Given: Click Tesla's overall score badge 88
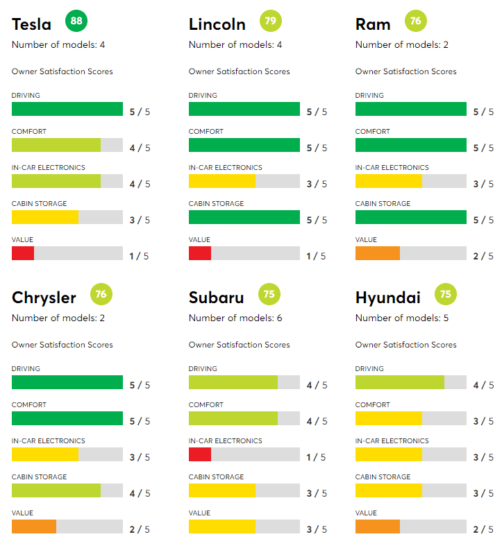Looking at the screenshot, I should [x=76, y=21].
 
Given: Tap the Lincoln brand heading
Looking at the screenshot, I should [x=217, y=24].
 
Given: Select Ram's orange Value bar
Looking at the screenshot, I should [x=377, y=253].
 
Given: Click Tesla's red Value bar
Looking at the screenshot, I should [x=23, y=253].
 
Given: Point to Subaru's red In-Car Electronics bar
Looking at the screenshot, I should [x=199, y=454].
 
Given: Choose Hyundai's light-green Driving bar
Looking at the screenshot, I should [x=399, y=382].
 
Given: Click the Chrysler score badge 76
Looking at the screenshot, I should [x=101, y=294].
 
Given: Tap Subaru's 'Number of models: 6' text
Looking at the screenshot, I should [x=235, y=318].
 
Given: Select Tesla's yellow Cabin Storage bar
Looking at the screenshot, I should [x=45, y=217].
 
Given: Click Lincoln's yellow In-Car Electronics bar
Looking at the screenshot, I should [x=221, y=181].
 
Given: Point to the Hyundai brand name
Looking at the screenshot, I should [x=387, y=298].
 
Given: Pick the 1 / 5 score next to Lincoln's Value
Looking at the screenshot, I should [x=316, y=256].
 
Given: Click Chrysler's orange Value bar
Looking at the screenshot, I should [x=34, y=526].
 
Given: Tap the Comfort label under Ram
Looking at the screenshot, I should [x=372, y=131].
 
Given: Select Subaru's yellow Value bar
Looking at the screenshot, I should [x=221, y=526].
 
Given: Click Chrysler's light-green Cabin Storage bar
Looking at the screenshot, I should [x=56, y=490].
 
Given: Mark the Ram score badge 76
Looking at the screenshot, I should [x=415, y=21].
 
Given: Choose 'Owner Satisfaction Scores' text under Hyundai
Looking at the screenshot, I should [x=405, y=345].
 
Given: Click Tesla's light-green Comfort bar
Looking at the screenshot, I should [x=56, y=145].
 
